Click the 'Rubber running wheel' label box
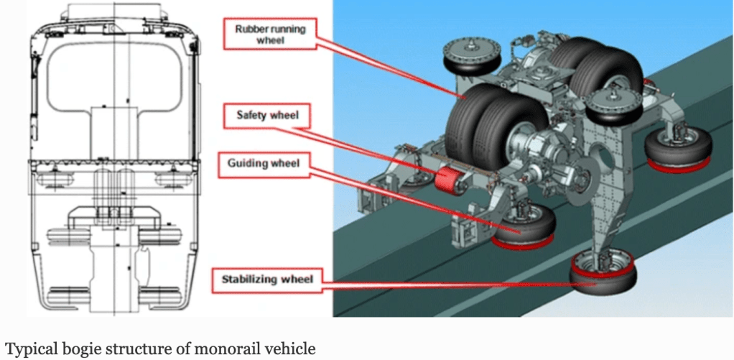click(x=270, y=34)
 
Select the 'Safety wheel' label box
click(x=267, y=115)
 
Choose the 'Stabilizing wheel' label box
click(x=267, y=280)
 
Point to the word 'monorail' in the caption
click(x=209, y=349)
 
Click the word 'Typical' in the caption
click(x=25, y=349)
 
